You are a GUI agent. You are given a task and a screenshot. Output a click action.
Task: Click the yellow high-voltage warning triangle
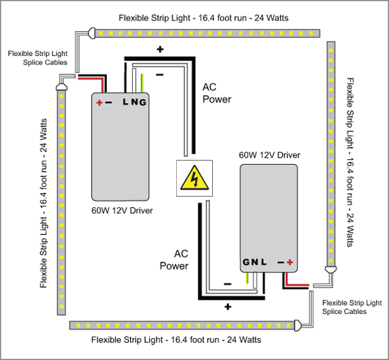[194, 179]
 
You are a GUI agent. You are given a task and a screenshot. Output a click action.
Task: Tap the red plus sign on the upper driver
[99, 103]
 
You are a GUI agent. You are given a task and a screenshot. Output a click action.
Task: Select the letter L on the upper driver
[125, 102]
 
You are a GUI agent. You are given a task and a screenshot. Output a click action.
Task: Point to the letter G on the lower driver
[246, 262]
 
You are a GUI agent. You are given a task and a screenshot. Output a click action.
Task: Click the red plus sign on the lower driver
[290, 262]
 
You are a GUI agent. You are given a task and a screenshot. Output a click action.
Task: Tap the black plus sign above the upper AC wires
[160, 50]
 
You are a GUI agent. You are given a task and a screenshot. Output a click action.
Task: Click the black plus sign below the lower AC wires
[228, 307]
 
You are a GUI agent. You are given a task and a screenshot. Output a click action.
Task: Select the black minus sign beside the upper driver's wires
[160, 74]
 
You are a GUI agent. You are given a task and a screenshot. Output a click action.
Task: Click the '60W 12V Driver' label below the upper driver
[122, 211]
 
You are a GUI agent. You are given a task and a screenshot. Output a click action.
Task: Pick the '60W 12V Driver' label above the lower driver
[269, 155]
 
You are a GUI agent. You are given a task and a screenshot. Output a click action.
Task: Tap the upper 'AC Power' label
[217, 93]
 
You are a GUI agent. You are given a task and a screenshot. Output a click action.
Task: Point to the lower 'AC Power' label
[174, 260]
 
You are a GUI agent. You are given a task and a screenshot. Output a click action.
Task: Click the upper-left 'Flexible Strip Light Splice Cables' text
[37, 58]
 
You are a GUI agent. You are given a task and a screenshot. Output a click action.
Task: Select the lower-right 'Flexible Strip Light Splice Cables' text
[352, 307]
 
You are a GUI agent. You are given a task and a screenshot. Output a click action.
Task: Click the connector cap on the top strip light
[91, 33]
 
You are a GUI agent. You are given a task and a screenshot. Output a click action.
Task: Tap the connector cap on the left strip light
[62, 87]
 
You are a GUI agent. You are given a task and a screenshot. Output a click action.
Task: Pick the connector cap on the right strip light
[331, 269]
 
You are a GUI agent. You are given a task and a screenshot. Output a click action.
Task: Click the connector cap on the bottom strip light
[298, 325]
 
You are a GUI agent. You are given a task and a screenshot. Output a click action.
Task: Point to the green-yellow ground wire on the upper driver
[142, 83]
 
